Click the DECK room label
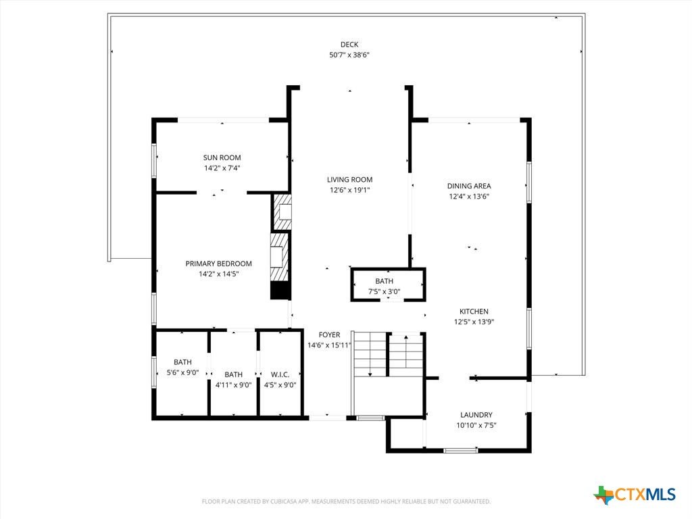pos(349,44)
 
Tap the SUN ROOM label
pos(222,157)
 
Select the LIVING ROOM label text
pos(349,180)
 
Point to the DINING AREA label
pos(469,187)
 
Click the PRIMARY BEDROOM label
pos(218,264)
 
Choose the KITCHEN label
pos(474,311)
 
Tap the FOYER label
pos(329,335)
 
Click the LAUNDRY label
pos(476,415)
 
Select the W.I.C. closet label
pos(280,374)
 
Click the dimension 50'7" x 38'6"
pos(349,55)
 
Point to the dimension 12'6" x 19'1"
pos(349,190)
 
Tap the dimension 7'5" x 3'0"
pos(384,291)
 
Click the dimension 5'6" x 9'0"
pos(182,372)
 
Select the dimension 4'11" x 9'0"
pos(233,385)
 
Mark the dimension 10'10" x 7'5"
pos(476,426)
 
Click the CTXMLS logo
pos(635,495)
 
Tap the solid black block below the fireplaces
pos(280,291)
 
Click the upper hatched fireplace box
pos(282,212)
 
